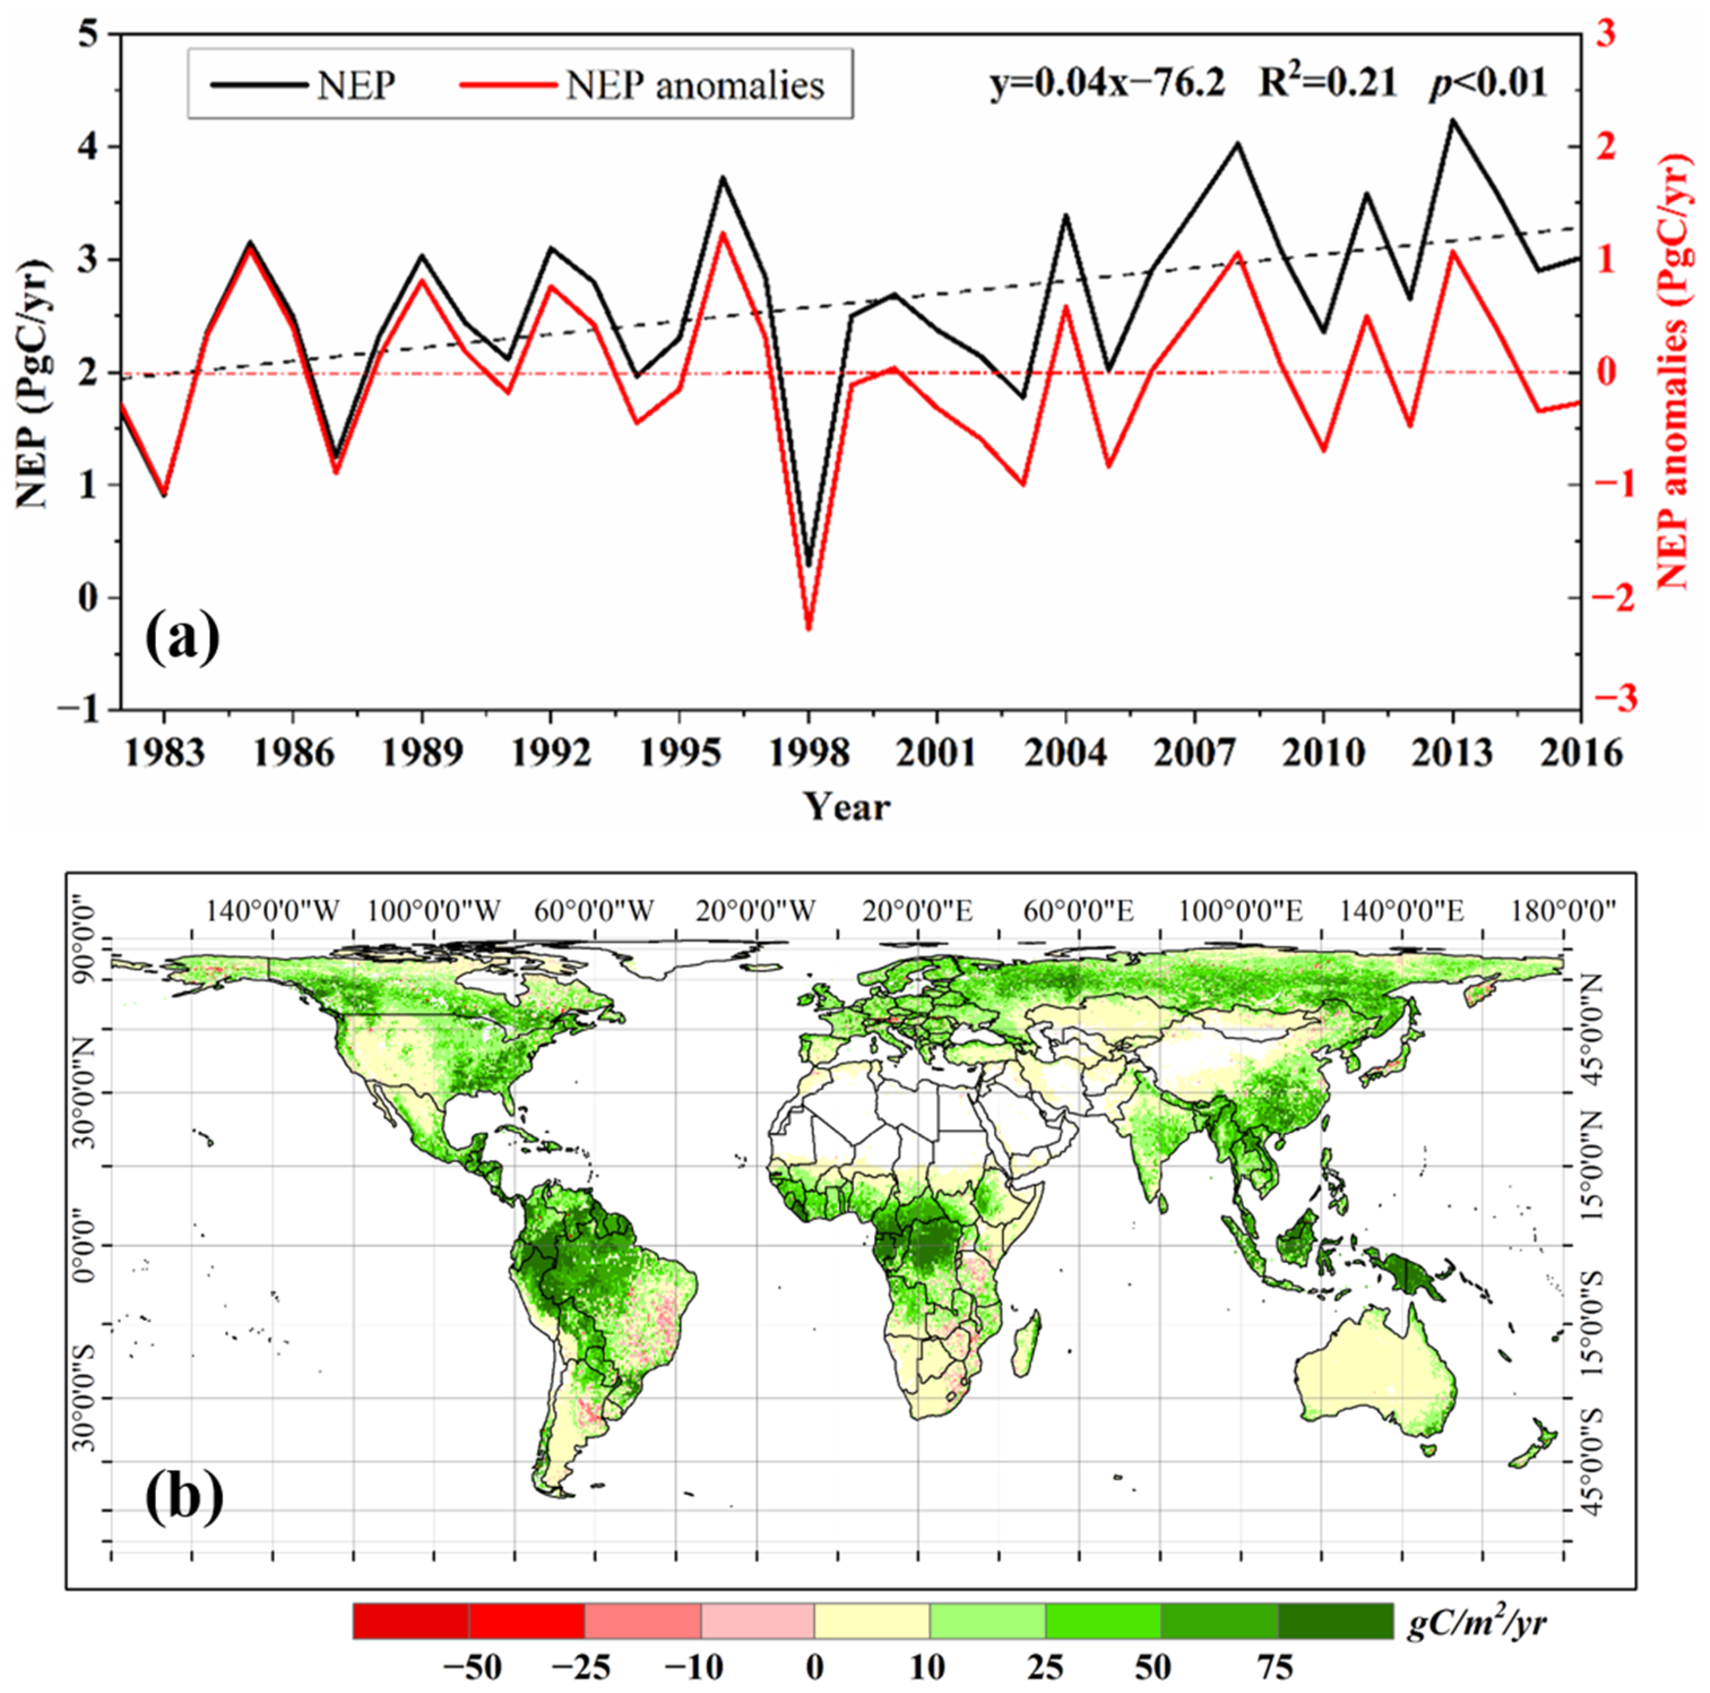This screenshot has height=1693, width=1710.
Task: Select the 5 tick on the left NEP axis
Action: [x=89, y=34]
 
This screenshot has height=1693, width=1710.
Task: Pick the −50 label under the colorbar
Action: [x=472, y=1668]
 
